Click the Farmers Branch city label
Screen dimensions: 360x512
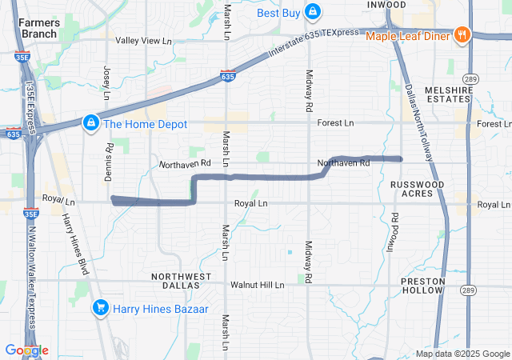tap(38, 28)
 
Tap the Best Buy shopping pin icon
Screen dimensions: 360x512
tap(312, 12)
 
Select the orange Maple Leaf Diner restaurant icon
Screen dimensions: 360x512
tap(462, 35)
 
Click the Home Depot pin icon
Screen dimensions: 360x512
tap(91, 123)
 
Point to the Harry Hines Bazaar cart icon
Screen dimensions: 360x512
tap(100, 307)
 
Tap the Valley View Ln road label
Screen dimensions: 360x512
tap(144, 41)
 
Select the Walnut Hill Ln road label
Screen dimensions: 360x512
tap(257, 285)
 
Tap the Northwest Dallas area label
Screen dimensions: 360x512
tap(182, 281)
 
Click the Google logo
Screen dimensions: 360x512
tap(26, 350)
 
